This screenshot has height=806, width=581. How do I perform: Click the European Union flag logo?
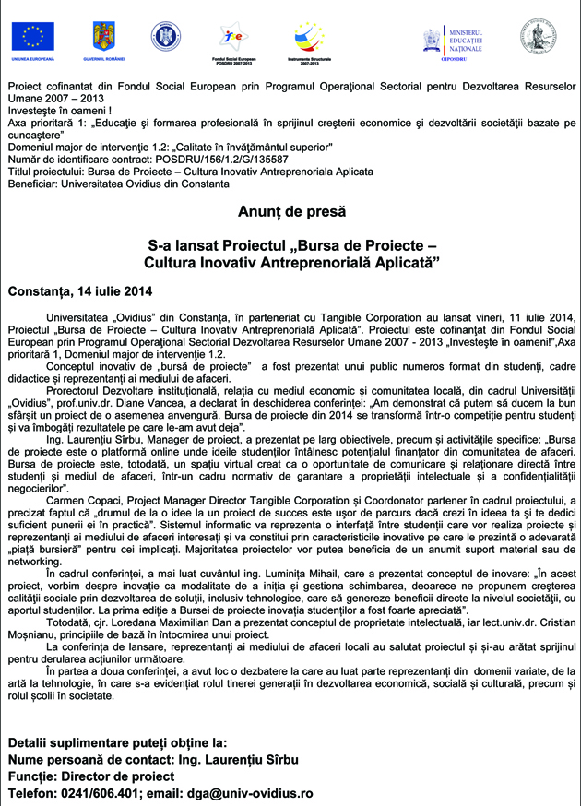point(33,36)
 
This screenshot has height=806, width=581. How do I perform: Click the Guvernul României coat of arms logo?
point(103,36)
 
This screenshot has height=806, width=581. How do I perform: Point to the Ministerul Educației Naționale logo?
point(454,41)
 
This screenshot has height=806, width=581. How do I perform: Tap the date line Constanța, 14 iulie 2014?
point(79,292)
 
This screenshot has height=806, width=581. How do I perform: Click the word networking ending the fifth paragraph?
point(34,560)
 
